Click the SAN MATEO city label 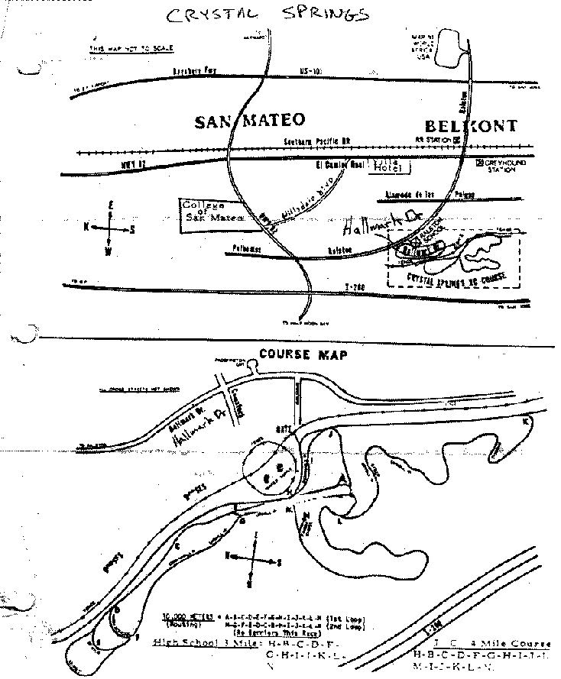[x=250, y=121]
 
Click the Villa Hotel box [x=389, y=167]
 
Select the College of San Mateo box [x=212, y=211]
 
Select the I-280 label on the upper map [x=354, y=284]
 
